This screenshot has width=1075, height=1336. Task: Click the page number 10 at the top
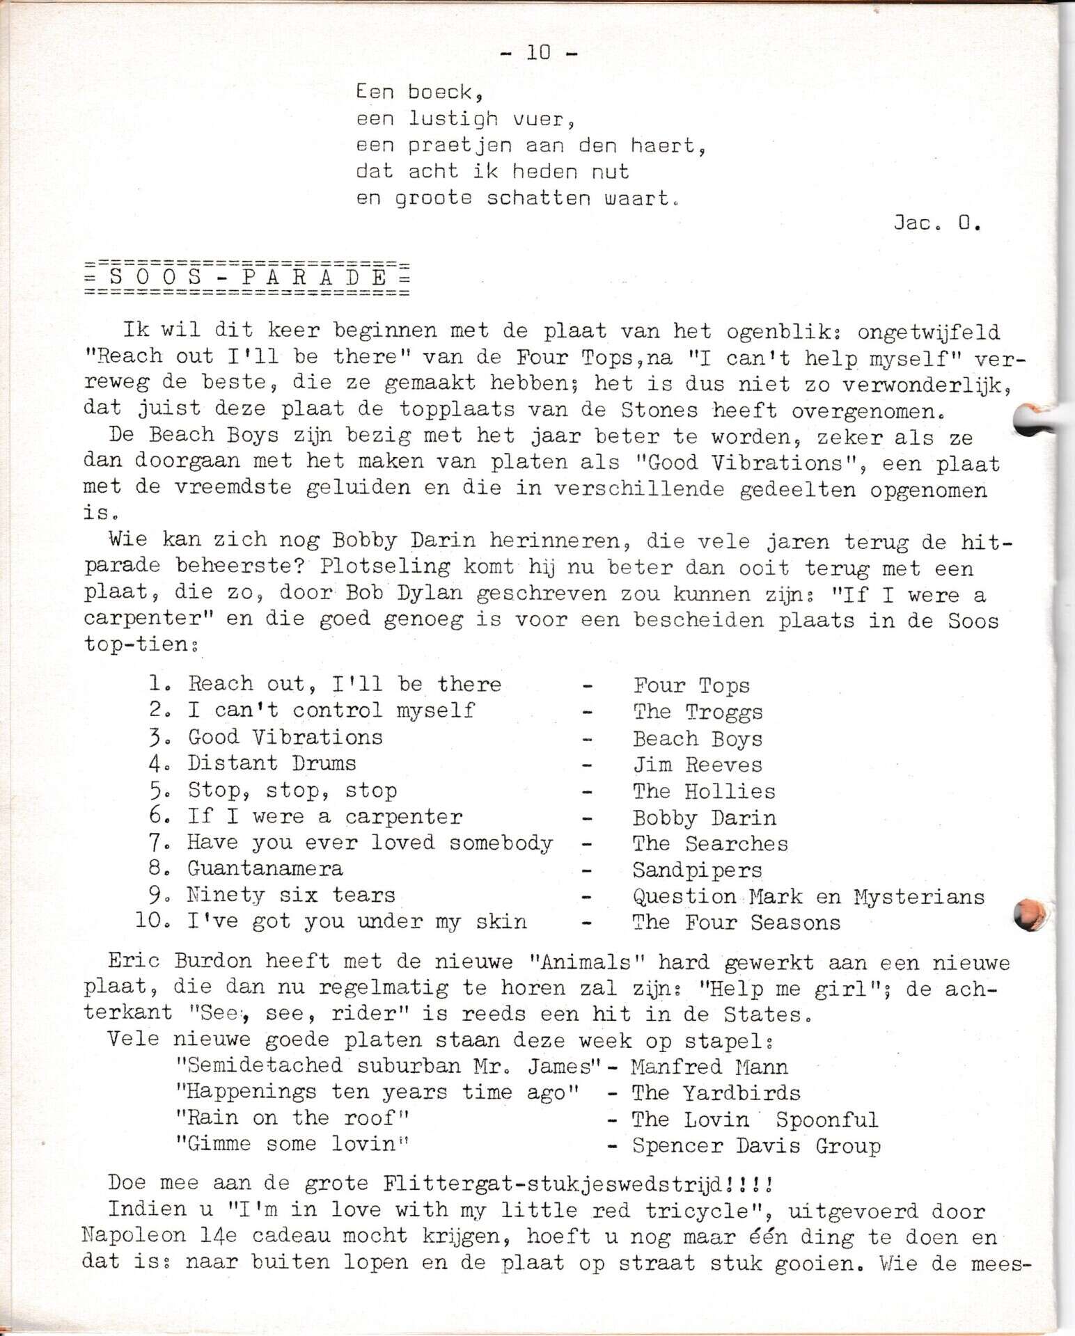538,52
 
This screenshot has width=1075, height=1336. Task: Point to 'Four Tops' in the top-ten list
691,685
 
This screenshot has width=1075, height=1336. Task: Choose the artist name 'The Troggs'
698,712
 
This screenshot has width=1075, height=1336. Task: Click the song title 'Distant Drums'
272,763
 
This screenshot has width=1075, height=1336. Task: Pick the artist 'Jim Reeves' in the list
698,765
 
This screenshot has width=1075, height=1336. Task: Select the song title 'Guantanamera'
265,868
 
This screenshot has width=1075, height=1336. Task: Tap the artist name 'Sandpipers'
698,870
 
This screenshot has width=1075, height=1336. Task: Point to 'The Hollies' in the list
704,791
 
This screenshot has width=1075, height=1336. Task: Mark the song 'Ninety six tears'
291,895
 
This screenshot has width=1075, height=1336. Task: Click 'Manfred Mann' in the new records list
709,1067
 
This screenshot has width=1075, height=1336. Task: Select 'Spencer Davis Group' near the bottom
756,1145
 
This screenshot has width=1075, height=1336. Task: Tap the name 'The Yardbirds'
716,1093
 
